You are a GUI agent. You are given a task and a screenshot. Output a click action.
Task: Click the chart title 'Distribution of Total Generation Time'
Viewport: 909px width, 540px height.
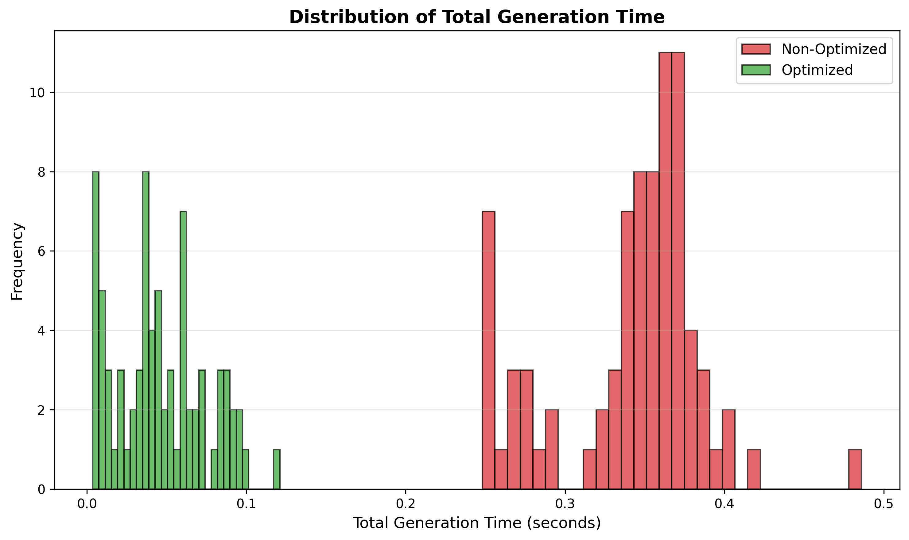(x=477, y=17)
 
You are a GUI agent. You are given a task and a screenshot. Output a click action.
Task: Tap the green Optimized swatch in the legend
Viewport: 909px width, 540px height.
(x=756, y=70)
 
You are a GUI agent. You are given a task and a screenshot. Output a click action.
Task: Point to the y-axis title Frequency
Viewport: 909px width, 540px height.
(x=17, y=261)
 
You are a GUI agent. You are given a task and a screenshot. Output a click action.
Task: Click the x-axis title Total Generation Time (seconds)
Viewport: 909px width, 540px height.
(x=477, y=523)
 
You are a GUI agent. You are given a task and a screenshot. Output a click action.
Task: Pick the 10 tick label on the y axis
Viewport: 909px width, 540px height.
(x=37, y=93)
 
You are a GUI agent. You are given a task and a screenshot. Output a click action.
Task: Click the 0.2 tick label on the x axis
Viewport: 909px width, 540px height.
(x=405, y=504)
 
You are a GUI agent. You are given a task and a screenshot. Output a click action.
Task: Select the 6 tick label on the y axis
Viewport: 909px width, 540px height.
(x=41, y=251)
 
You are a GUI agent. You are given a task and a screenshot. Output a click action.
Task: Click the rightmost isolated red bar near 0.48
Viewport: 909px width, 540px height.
(x=855, y=469)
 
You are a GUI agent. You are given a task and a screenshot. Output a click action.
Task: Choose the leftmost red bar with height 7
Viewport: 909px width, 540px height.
(x=488, y=349)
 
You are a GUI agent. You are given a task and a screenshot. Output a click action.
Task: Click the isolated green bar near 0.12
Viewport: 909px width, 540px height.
(x=277, y=469)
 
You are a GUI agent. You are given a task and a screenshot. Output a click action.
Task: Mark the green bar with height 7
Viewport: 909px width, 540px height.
(x=183, y=349)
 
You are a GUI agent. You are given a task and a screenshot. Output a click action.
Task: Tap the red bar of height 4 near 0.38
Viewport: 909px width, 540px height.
(x=690, y=409)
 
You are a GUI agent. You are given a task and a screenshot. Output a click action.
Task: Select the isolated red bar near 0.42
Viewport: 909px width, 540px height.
(x=753, y=469)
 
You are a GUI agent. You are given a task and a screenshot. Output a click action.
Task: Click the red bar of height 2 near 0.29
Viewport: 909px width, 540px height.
(x=551, y=450)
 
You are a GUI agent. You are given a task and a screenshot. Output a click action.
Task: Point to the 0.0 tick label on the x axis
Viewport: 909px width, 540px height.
(x=87, y=504)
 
